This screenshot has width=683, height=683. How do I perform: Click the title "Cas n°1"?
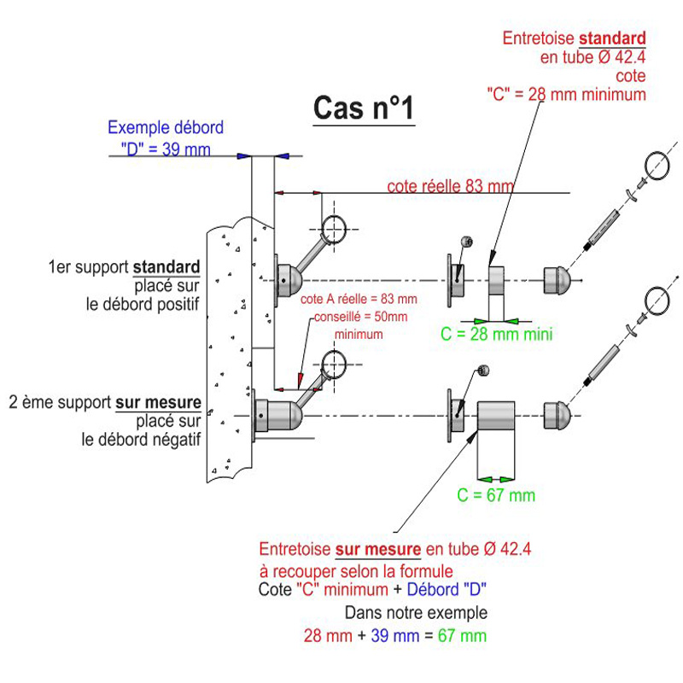(364, 109)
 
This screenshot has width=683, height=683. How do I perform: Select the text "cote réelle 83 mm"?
(451, 186)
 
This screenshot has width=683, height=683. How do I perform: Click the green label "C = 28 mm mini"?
(496, 334)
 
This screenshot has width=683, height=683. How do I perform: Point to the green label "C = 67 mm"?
(496, 494)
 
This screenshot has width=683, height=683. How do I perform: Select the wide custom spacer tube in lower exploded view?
(496, 416)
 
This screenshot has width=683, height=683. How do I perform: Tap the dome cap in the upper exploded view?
(557, 278)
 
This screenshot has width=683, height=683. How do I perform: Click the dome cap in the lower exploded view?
(557, 416)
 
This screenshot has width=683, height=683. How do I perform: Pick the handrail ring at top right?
(658, 164)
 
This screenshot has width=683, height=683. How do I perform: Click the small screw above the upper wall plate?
(464, 241)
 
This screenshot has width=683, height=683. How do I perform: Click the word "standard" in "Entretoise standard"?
(612, 38)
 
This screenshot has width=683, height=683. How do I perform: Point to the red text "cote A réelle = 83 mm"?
(359, 299)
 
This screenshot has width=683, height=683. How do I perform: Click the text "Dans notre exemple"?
(416, 613)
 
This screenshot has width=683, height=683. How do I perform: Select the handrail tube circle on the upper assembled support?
(335, 227)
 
